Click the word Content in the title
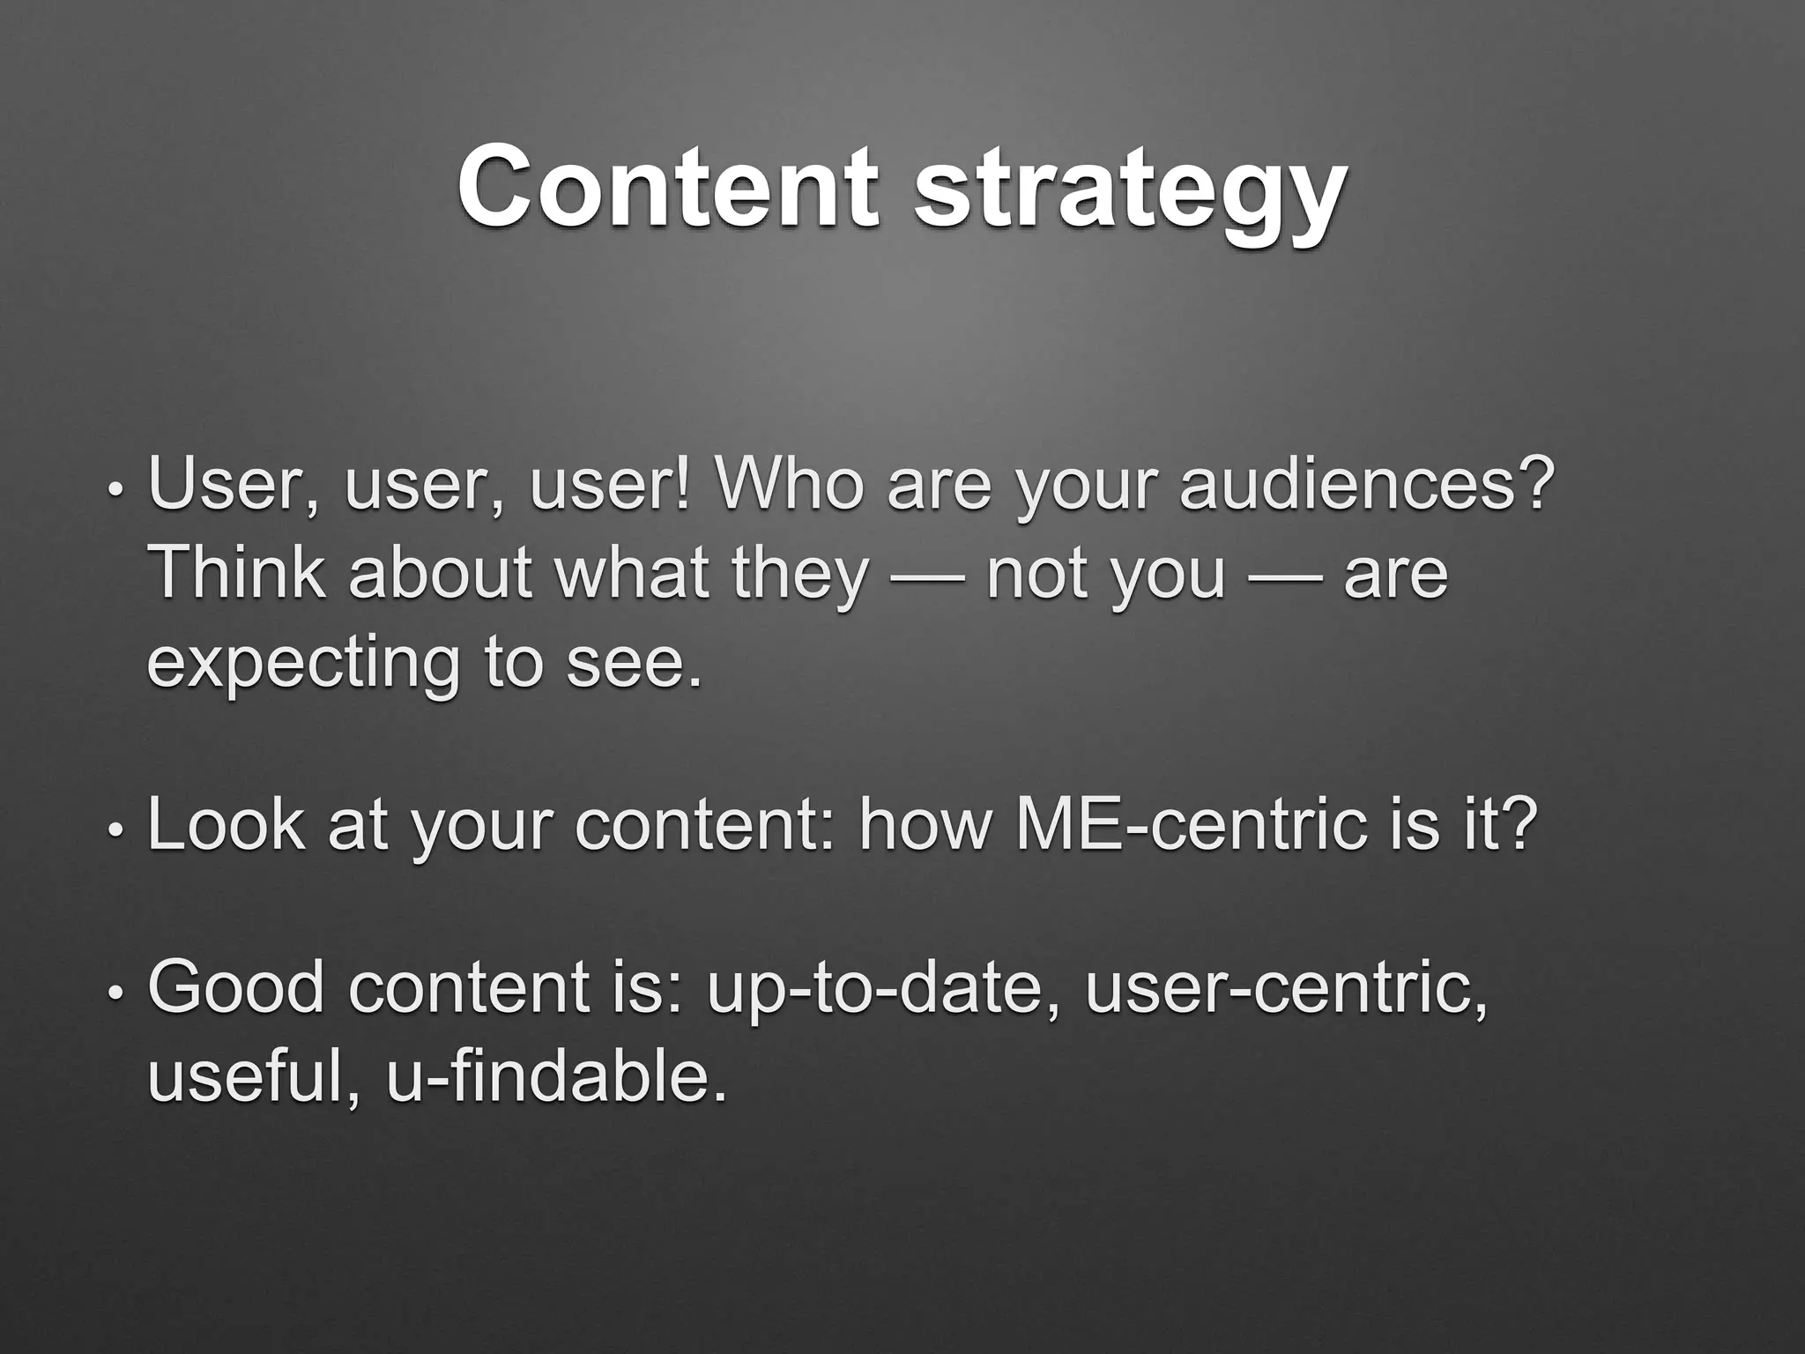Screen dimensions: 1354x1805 coord(667,187)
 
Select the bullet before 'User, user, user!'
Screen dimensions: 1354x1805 coord(115,490)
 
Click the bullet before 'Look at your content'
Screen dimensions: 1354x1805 coord(115,830)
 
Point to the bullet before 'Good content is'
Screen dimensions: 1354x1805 coord(115,993)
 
